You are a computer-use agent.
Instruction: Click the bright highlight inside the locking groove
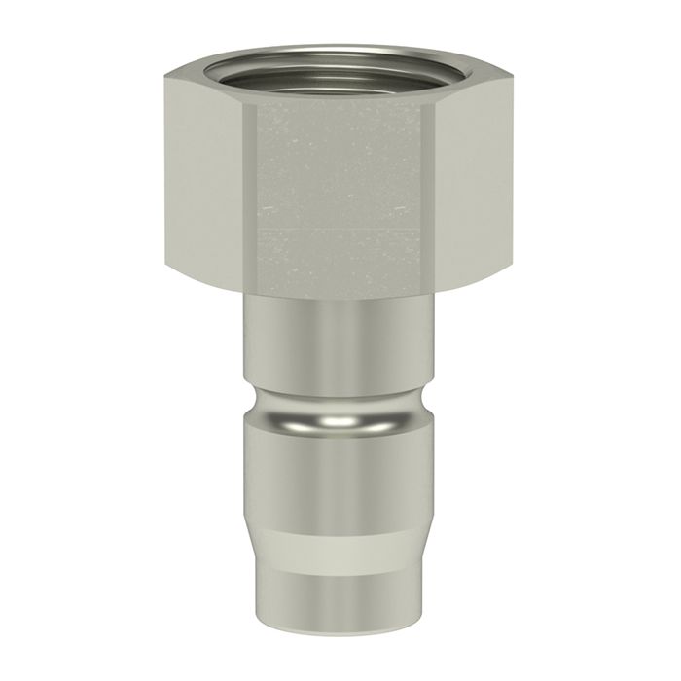point(340,418)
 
